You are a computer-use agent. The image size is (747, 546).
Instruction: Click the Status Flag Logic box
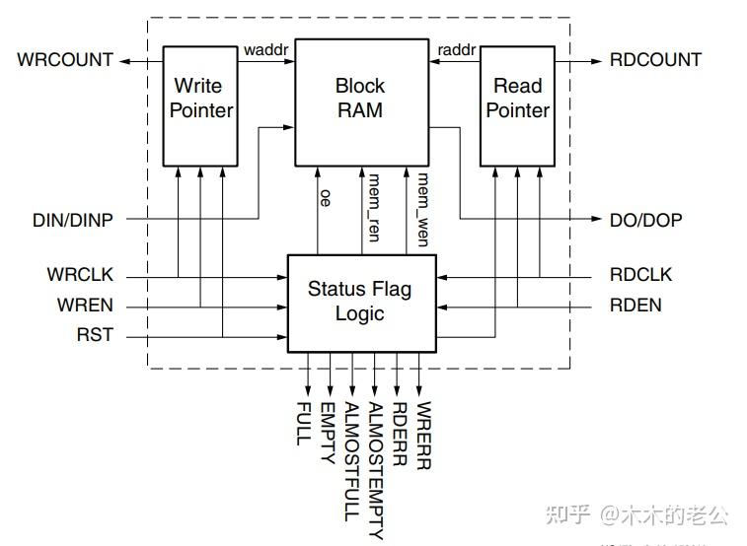point(359,302)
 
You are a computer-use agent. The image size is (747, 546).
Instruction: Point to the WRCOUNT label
point(65,60)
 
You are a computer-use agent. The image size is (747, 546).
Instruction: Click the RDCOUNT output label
point(655,60)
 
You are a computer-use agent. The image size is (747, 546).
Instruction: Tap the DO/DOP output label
point(645,220)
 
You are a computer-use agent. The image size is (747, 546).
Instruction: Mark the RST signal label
point(95,335)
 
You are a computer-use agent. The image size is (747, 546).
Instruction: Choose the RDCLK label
point(640,274)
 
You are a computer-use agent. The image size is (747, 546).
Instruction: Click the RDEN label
point(635,306)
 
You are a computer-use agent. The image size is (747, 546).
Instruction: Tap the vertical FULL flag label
point(304,423)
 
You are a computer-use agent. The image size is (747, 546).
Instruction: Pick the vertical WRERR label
point(423,435)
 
